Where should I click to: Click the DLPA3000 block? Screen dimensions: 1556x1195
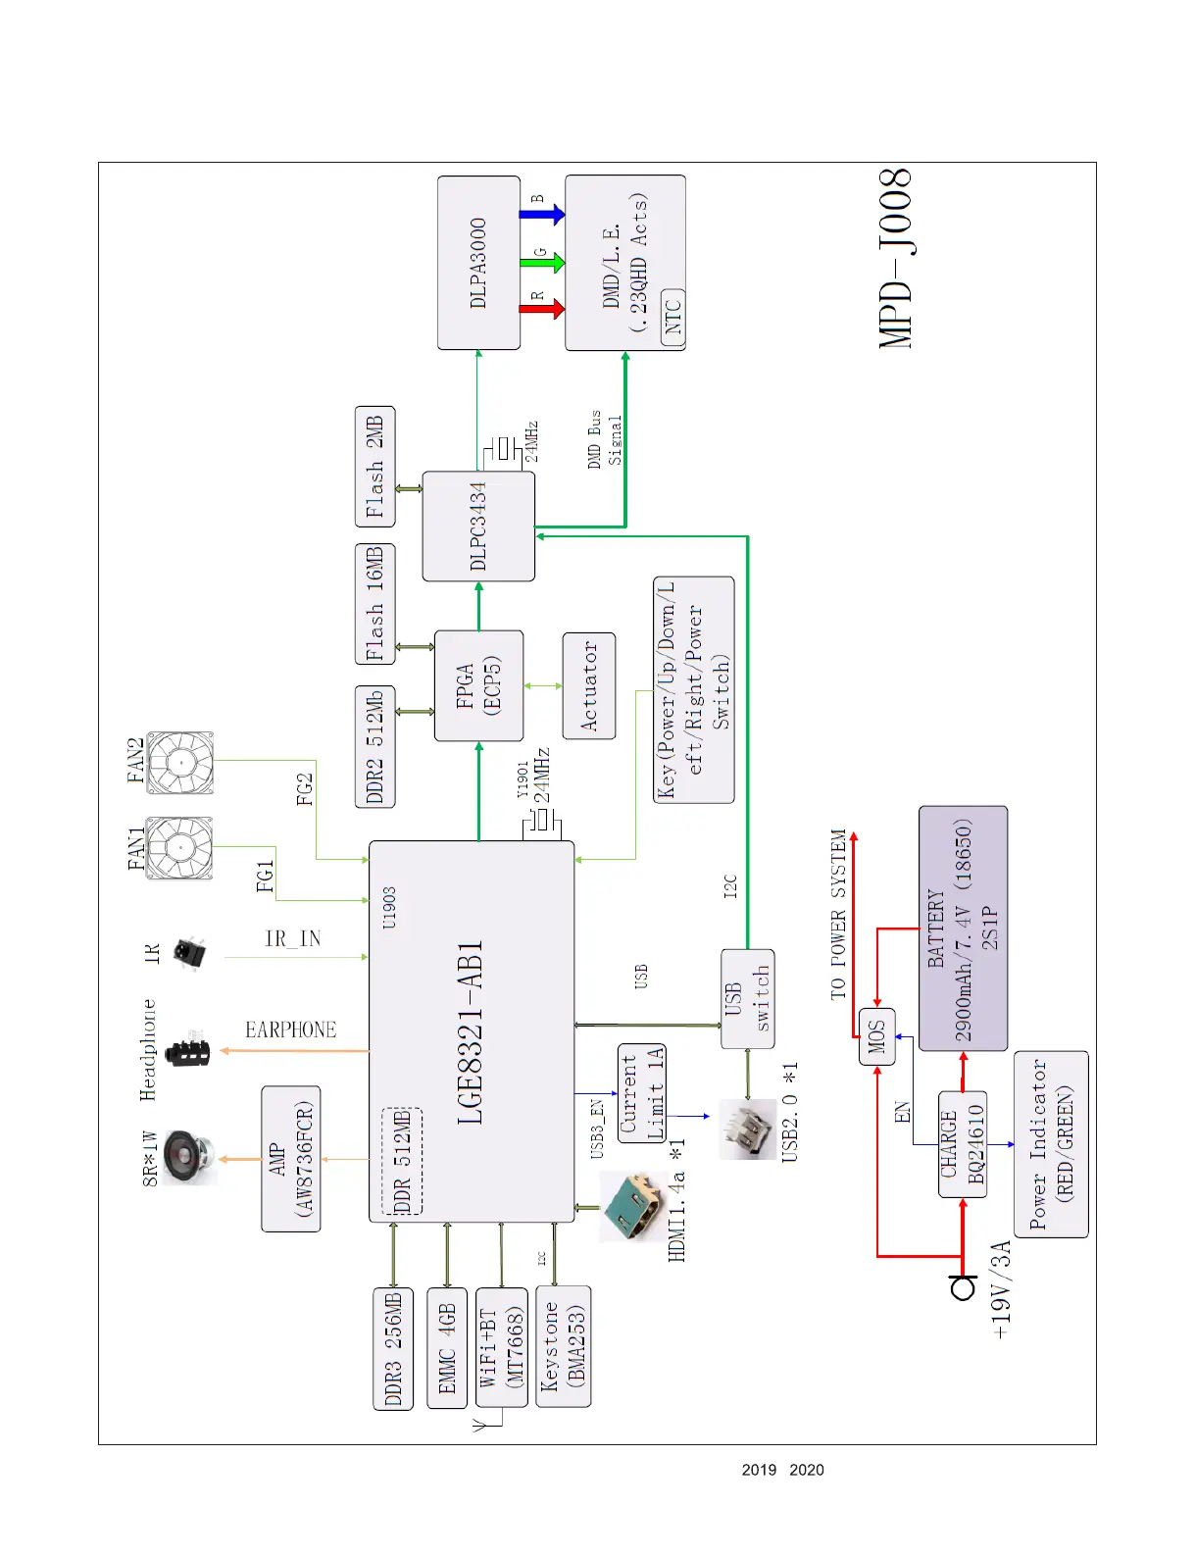478,263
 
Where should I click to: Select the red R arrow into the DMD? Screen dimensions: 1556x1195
542,309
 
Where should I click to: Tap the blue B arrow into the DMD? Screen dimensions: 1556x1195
542,214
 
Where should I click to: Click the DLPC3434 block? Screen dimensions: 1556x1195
478,527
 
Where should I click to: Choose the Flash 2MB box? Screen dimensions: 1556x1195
374,467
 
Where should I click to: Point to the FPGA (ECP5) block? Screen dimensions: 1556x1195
478,685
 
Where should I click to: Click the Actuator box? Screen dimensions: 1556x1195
589,685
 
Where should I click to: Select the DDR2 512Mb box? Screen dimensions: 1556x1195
374,747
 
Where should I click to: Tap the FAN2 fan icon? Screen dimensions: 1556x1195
180,763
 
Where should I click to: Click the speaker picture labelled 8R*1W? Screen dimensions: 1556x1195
187,1157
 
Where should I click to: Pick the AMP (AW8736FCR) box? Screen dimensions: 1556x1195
291,1159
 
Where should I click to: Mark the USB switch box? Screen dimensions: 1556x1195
748,999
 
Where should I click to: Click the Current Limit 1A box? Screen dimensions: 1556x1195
642,1092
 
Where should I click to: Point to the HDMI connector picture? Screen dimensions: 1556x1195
633,1205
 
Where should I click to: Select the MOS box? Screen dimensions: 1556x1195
876,1036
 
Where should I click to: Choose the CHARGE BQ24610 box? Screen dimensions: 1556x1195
962,1144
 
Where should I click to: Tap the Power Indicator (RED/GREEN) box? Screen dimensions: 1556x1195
1051,1144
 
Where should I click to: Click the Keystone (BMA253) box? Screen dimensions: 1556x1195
564,1346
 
